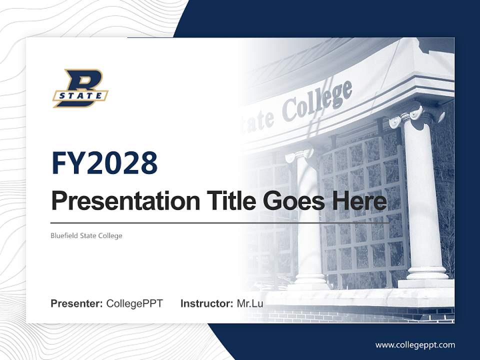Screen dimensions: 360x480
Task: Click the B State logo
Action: point(80,89)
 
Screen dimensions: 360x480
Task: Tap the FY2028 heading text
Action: point(104,163)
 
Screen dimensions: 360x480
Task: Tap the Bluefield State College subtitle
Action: point(86,235)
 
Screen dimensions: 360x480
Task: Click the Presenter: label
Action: point(77,303)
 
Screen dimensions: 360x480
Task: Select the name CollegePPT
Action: point(134,303)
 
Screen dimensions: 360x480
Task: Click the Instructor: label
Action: point(206,303)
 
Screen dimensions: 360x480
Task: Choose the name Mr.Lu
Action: point(250,303)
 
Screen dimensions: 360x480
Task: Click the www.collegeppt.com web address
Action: point(415,344)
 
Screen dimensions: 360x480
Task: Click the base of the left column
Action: point(310,280)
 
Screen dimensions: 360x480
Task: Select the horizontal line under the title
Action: point(219,222)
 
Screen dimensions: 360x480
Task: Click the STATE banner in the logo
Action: point(80,95)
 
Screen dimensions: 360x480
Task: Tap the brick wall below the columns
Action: point(350,315)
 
